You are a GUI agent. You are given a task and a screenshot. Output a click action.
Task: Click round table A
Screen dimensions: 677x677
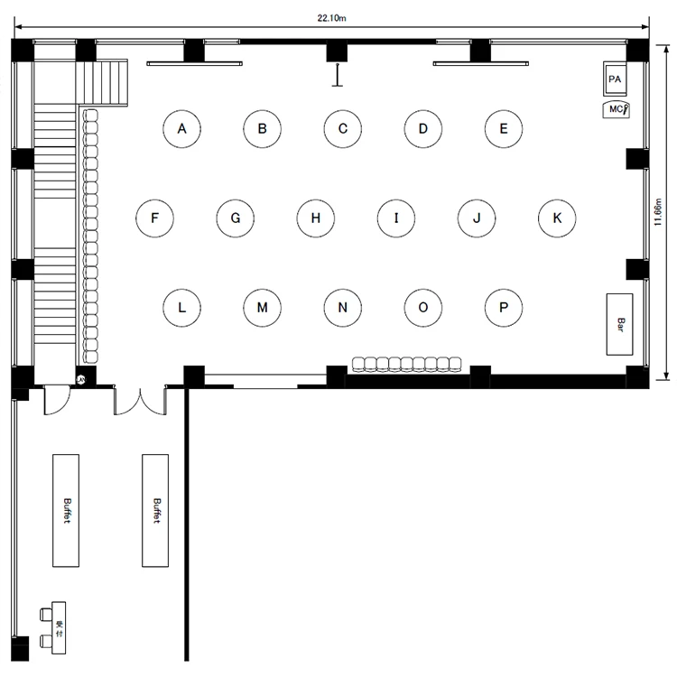[x=181, y=129]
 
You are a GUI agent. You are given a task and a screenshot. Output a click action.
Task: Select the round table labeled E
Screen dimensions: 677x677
[x=504, y=129]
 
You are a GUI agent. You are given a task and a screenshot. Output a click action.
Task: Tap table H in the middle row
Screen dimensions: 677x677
[x=316, y=218]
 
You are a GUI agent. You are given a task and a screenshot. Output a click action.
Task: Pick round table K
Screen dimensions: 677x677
[x=557, y=218]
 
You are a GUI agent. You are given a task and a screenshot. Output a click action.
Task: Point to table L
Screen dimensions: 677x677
[x=181, y=308]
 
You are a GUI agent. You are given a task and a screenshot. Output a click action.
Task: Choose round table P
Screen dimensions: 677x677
[x=504, y=308]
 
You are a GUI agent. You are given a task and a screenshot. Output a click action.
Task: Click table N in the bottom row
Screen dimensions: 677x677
[x=343, y=308]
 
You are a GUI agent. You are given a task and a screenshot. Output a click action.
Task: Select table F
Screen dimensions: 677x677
[x=154, y=218]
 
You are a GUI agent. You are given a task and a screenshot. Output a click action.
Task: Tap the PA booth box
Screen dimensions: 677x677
[x=615, y=79]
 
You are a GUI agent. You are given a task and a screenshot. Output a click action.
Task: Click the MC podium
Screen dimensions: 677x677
[x=617, y=109]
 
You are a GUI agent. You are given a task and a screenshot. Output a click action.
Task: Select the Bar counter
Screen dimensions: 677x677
[x=619, y=324]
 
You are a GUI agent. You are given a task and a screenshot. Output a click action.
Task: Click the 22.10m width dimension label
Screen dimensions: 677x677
[x=331, y=18]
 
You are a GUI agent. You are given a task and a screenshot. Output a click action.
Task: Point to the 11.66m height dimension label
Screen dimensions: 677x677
[x=657, y=212]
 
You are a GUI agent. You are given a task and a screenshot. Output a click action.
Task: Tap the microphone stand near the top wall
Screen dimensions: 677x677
[x=338, y=75]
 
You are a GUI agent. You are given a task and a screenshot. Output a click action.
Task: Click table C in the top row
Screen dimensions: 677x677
[x=343, y=129]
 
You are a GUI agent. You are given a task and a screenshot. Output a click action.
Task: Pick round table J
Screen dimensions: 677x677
[x=477, y=218]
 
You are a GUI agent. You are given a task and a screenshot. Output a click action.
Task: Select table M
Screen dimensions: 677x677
[x=262, y=308]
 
